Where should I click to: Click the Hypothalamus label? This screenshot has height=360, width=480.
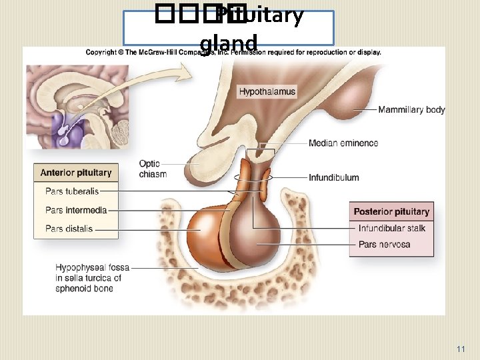tap(267, 91)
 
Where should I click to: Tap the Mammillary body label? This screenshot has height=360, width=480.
tap(411, 110)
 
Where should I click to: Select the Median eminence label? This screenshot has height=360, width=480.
tap(343, 143)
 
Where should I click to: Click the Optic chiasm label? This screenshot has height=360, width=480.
tap(153, 169)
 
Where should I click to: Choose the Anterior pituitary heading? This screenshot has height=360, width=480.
tap(76, 173)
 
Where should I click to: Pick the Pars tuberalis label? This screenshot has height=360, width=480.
tap(72, 191)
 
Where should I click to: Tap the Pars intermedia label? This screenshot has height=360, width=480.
tap(76, 211)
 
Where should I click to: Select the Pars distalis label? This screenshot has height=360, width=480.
tap(69, 229)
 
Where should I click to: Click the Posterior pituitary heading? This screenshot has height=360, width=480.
tap(391, 212)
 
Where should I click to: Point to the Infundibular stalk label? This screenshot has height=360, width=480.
tap(391, 229)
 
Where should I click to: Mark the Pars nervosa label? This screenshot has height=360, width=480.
tap(384, 245)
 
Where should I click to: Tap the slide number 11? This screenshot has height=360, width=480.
tap(461, 349)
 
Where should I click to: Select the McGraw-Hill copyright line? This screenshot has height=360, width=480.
tap(233, 52)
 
